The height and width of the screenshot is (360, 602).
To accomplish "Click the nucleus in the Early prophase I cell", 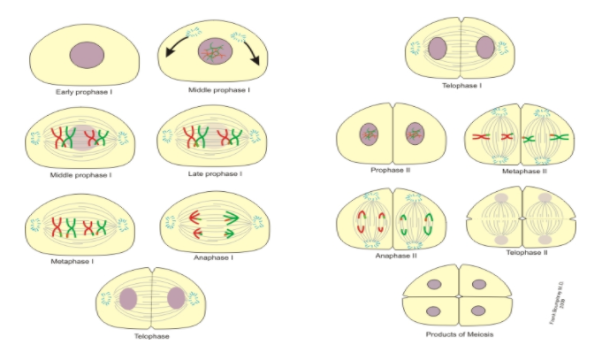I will pos(87,55).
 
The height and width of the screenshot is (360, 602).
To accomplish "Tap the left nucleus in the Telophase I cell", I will pos(438,49).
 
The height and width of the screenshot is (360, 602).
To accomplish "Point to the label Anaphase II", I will pos(391,255).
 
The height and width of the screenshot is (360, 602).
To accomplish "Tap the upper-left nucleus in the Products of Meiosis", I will pos(434,285).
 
